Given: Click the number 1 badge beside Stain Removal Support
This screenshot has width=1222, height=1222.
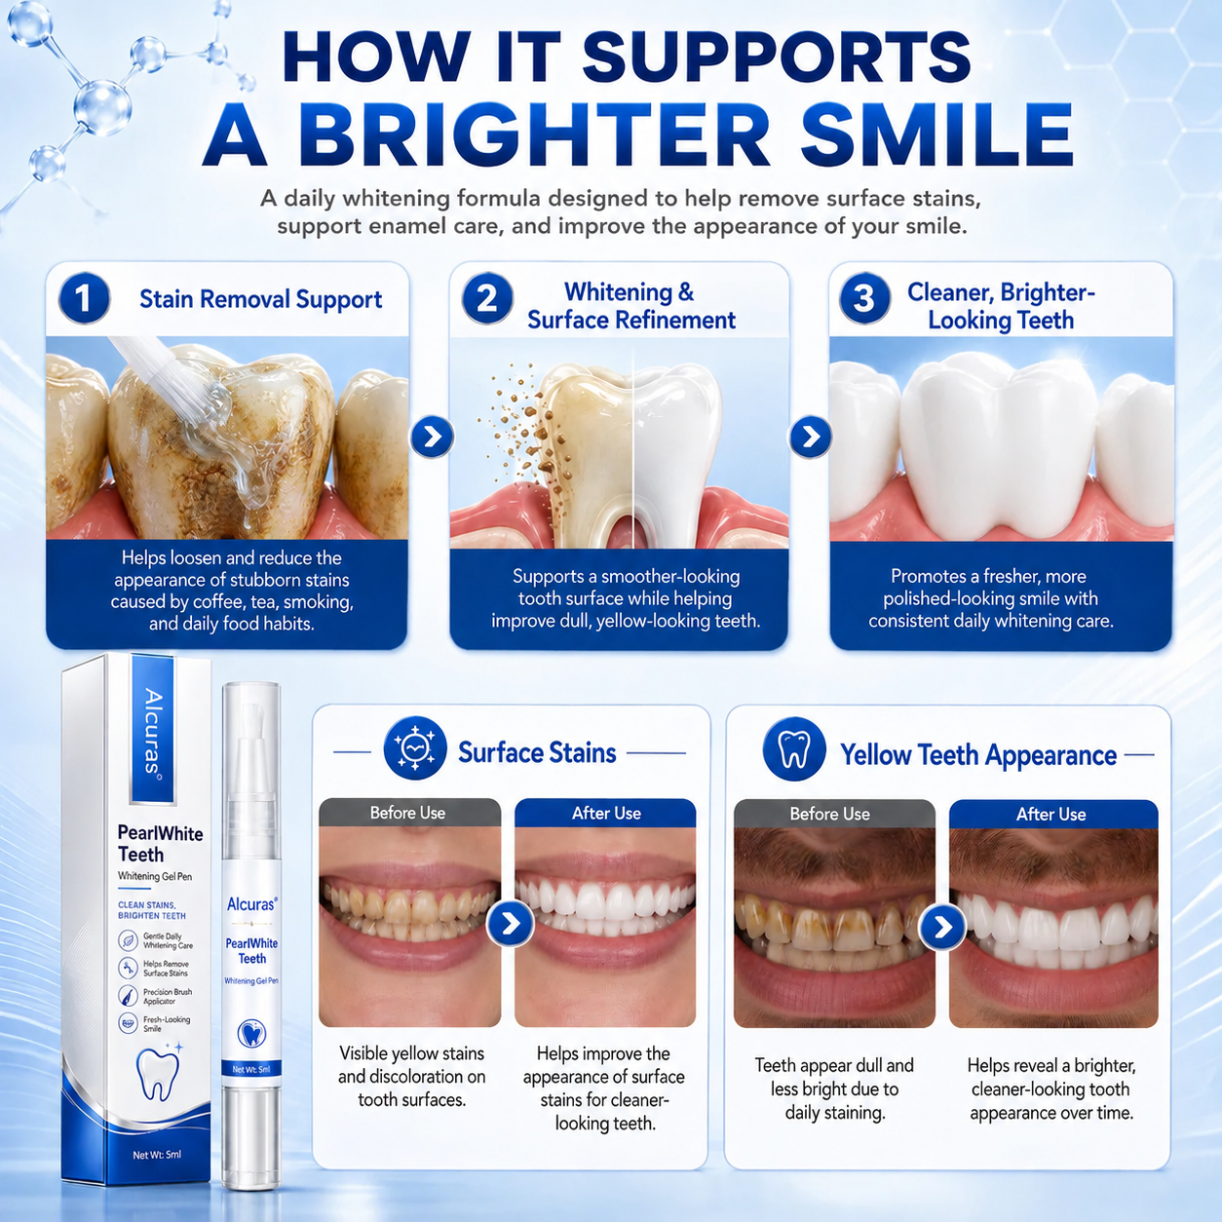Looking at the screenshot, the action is click(x=84, y=298).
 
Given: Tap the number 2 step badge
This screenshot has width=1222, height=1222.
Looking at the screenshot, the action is click(x=487, y=298).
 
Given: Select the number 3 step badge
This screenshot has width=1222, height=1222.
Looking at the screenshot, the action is click(x=864, y=298).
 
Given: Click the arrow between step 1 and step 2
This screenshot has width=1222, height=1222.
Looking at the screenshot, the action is click(x=432, y=437).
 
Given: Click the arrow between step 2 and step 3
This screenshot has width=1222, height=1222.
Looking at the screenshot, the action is click(x=810, y=437).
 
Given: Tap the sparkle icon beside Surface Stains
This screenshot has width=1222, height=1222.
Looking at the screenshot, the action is click(x=415, y=747).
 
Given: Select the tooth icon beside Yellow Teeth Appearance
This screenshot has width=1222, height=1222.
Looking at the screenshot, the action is click(x=794, y=748).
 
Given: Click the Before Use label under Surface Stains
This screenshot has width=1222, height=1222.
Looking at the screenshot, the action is click(x=407, y=813).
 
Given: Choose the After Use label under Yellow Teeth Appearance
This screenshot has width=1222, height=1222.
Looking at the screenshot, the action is click(x=1050, y=814).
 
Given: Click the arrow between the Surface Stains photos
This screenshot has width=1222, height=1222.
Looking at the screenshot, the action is click(x=510, y=924).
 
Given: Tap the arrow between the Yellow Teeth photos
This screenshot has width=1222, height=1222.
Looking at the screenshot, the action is click(x=942, y=927).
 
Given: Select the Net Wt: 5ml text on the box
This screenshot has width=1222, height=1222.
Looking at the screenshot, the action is click(x=157, y=1155).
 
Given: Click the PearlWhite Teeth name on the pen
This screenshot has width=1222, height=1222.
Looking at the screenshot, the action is click(x=251, y=951).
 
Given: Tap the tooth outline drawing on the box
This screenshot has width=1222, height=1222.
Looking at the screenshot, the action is click(x=158, y=1072).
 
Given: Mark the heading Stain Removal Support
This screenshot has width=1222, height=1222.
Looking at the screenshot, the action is click(x=260, y=299).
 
